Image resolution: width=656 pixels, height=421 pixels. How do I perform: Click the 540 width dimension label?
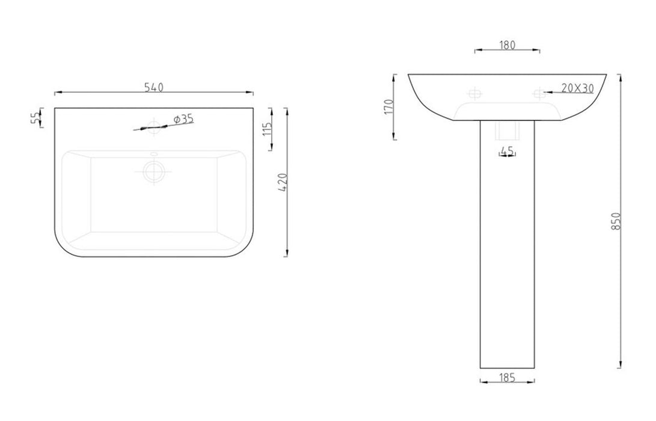(x=153, y=87)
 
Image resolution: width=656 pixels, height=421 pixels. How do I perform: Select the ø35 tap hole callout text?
(x=183, y=119)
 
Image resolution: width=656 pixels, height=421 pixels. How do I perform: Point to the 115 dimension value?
(x=268, y=129)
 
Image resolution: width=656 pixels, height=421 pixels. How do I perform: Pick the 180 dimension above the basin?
(x=507, y=46)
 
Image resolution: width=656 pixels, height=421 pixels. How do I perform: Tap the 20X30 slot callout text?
(x=577, y=88)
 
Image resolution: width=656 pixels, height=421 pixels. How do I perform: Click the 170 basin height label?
(x=388, y=106)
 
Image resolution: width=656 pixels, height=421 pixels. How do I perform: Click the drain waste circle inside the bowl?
(x=154, y=171)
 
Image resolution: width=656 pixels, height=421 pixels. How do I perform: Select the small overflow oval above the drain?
(x=154, y=153)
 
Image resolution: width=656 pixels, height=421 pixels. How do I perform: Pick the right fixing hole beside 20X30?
(x=539, y=93)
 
